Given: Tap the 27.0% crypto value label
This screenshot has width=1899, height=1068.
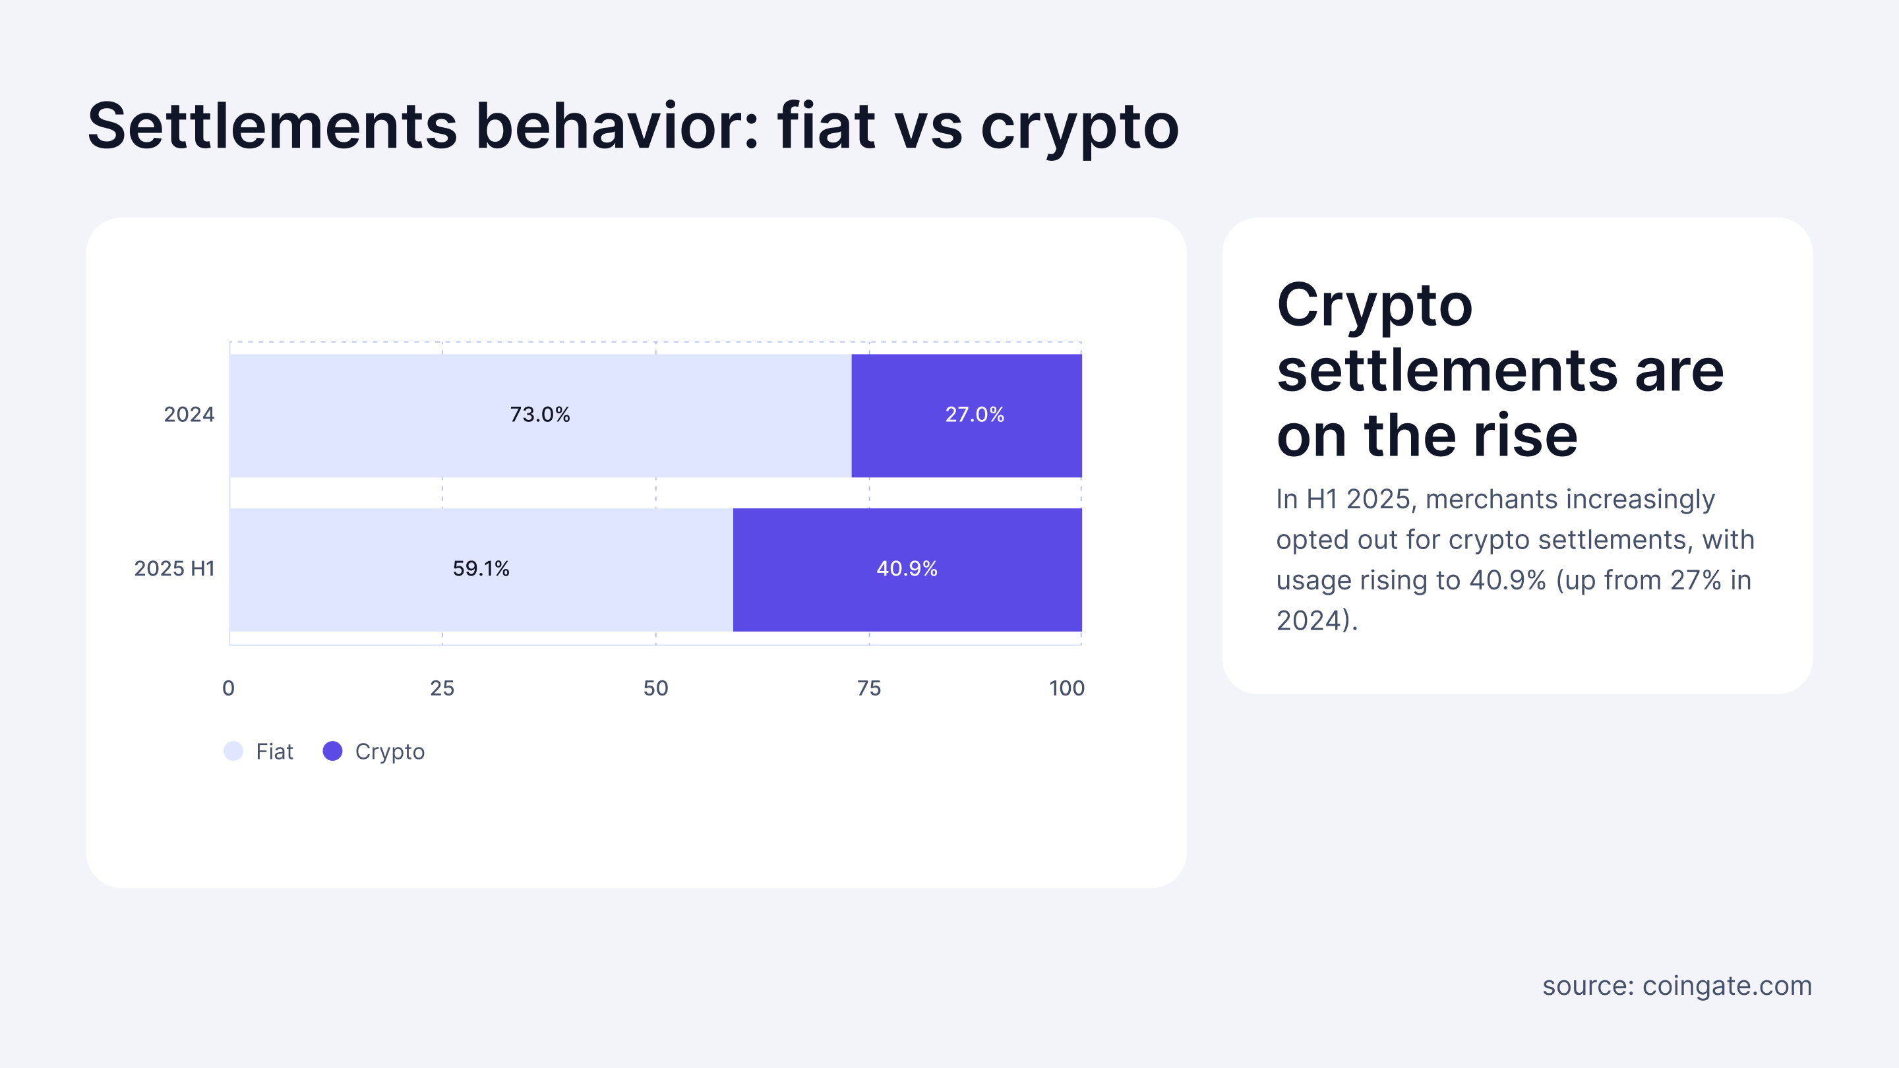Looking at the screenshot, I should coord(975,414).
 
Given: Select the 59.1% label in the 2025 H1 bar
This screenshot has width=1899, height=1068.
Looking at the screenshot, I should coord(481,568).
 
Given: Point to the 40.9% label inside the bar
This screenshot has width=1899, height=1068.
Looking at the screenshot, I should coord(907,568).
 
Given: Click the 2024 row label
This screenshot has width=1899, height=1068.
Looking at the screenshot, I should coord(189,414).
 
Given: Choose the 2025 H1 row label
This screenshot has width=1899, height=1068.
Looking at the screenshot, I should coord(174,568).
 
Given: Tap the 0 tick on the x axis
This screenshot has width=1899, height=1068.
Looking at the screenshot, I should coord(229,688).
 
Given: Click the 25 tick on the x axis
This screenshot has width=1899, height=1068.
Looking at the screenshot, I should coord(442,688).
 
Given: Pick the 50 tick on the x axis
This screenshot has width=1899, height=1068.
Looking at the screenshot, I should coord(655,688).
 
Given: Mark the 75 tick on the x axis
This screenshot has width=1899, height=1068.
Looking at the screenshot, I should coord(869,688).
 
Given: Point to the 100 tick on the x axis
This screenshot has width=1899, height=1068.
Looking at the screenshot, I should coord(1067,688).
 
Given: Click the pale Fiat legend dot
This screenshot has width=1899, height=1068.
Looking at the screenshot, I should coord(233,751).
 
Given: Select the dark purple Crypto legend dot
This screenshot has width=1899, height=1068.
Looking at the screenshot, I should coord(332,751).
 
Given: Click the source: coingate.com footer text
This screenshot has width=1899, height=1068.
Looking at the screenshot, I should coord(1677,986).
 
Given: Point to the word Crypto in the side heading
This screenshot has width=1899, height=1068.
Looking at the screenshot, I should coord(1374,306).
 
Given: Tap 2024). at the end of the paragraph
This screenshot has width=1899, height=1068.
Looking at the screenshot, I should coord(1317,620).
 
